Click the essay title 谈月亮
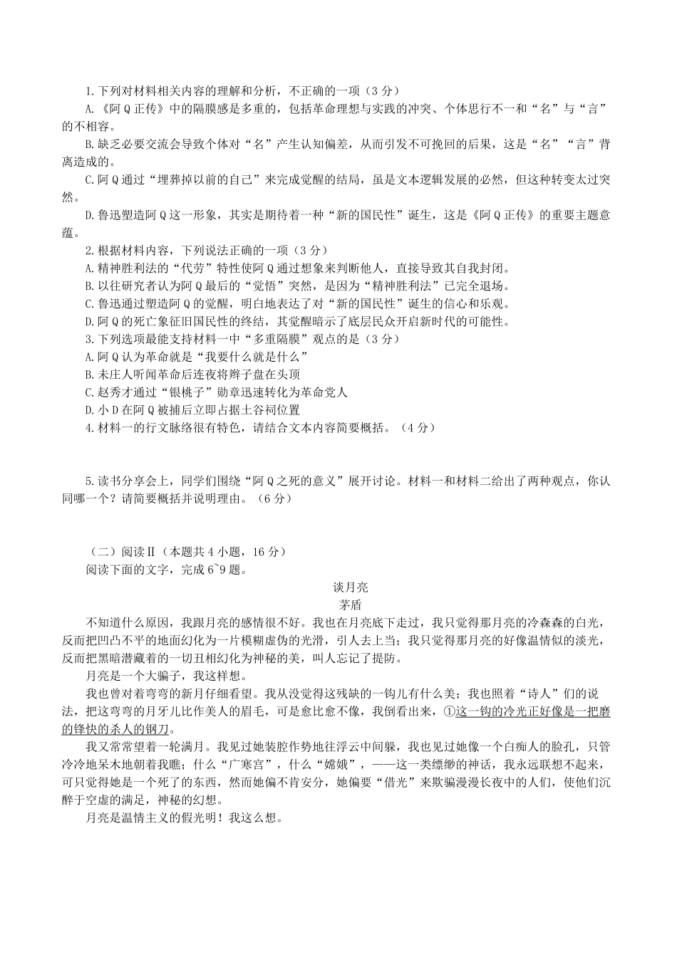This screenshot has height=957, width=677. click(x=350, y=587)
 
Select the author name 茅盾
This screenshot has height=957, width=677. click(x=350, y=605)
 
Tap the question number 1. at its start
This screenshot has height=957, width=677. click(x=90, y=91)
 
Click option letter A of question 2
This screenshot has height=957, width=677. click(x=88, y=268)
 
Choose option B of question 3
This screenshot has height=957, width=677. click(x=88, y=375)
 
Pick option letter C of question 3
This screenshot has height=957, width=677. click(x=88, y=392)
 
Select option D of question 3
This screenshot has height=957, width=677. click(x=88, y=410)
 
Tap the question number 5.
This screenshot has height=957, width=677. click(x=90, y=481)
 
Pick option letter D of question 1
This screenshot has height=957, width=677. click(x=88, y=215)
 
